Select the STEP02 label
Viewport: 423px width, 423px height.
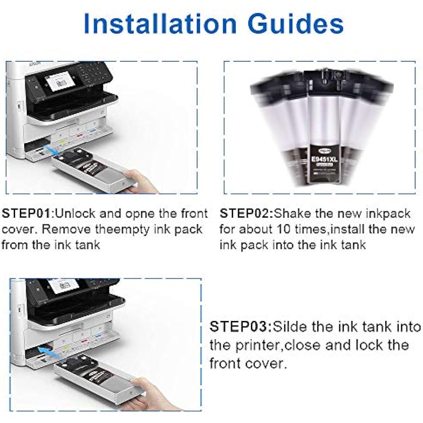click(x=246, y=213)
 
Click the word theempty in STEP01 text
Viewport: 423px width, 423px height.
click(x=123, y=230)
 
